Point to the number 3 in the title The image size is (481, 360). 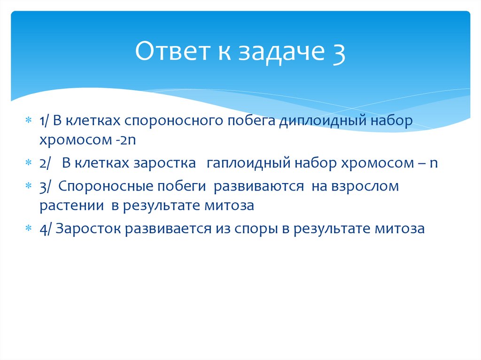coord(337,52)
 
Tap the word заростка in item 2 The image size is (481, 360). coord(164,163)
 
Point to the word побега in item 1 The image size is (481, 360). coord(251,121)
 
